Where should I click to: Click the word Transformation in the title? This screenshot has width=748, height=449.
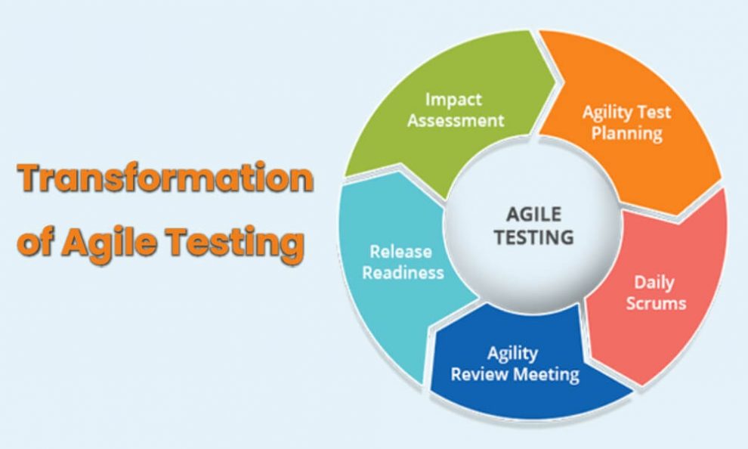(165, 178)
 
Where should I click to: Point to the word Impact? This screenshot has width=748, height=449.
(453, 99)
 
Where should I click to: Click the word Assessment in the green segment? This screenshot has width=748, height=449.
(456, 120)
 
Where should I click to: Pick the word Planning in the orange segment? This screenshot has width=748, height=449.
(626, 134)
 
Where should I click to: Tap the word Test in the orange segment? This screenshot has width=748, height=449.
(654, 113)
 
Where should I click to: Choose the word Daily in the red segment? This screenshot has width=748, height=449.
(654, 283)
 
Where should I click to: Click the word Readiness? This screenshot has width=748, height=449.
(403, 272)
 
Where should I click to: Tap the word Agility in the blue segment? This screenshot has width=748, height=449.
(512, 353)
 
